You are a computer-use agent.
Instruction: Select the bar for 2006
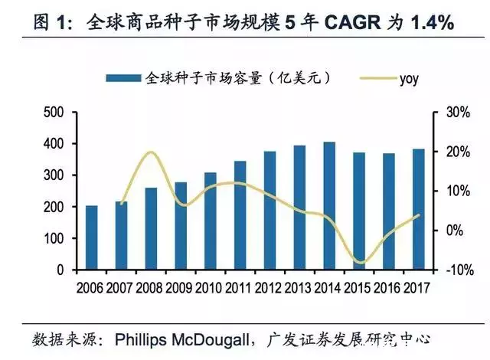coord(92,238)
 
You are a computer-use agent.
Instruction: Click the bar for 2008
coord(152,229)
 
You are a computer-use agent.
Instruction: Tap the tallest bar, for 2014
coord(329,206)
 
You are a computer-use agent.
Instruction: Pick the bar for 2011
coord(240,215)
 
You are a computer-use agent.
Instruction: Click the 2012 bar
coord(270,211)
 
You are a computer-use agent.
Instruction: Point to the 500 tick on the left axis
coord(54,113)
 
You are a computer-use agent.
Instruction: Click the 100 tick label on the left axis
coord(54,239)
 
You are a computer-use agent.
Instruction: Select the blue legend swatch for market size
coord(122,77)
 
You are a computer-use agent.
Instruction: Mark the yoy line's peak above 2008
coord(151,152)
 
